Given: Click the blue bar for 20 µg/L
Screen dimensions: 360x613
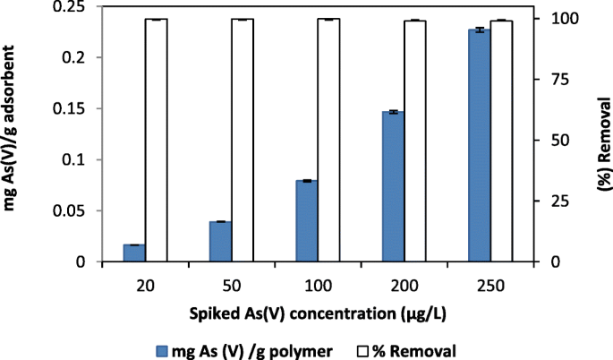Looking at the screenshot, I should point(134,253).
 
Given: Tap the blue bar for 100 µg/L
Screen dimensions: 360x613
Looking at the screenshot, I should point(307,221).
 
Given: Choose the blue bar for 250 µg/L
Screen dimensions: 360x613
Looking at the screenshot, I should point(480,146).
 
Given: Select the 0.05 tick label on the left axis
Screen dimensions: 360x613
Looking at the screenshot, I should point(77,211).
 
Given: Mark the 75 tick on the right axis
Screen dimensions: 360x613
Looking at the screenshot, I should point(553,79).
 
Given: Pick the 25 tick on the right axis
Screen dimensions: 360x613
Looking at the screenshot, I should point(553,201).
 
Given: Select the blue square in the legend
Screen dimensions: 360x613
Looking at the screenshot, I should point(162,348).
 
